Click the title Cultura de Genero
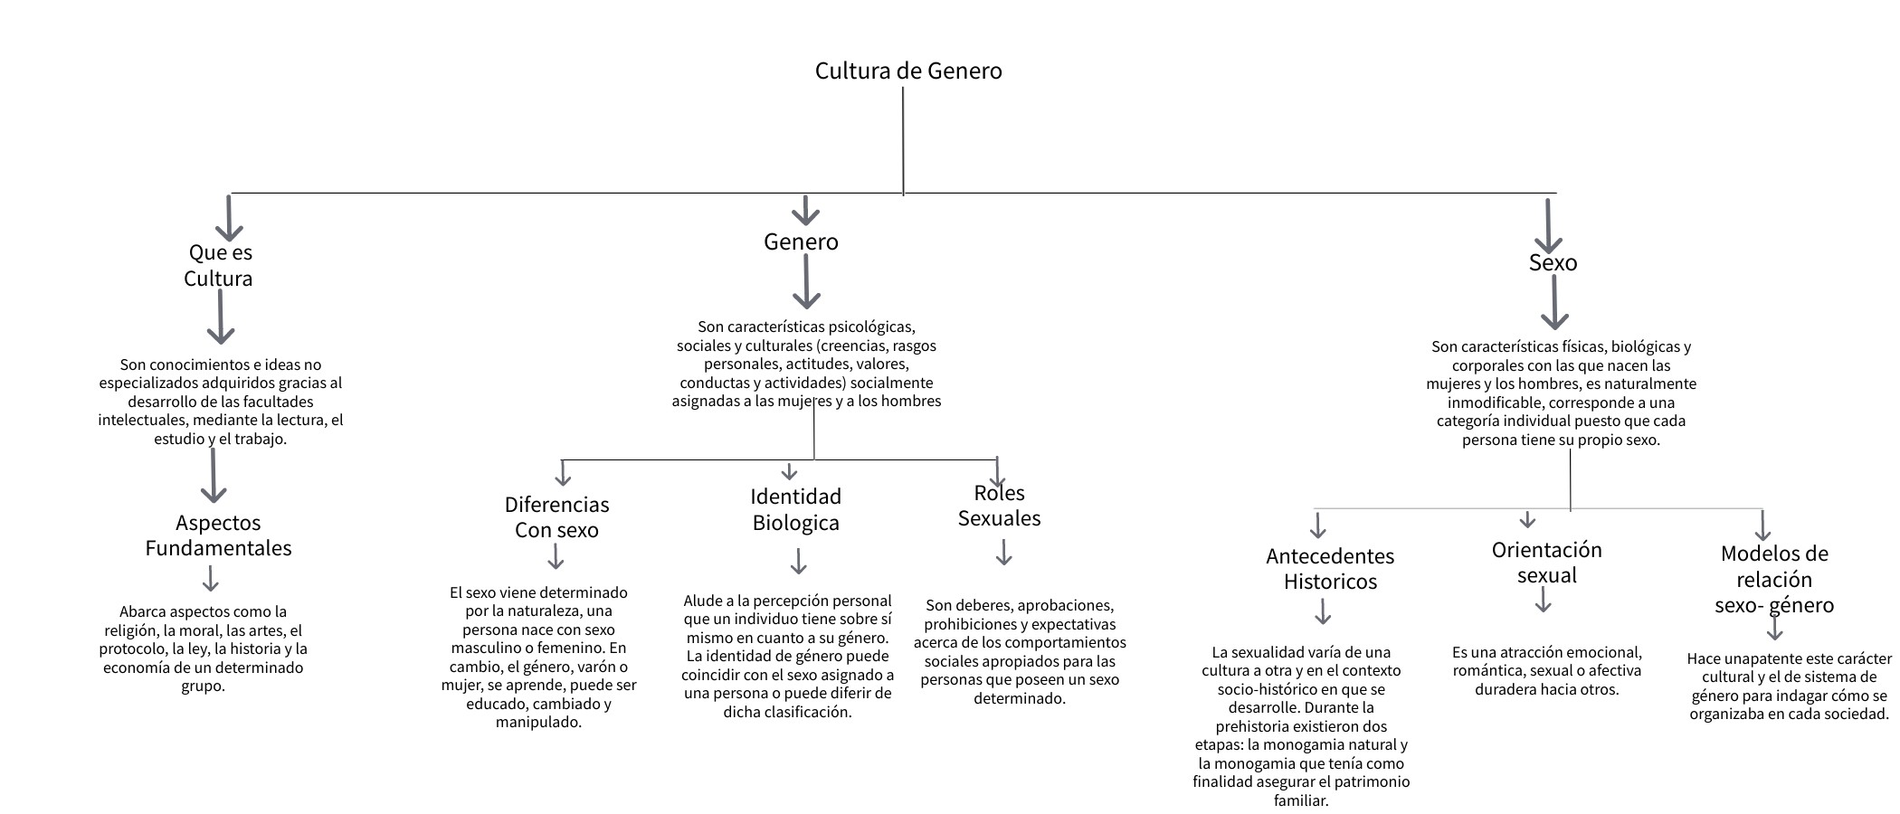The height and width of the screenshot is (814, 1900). pos(908,71)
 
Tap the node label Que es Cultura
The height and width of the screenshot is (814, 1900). pos(219,265)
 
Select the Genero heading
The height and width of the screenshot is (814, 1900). pos(801,241)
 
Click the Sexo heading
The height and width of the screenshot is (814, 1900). pos(1553,262)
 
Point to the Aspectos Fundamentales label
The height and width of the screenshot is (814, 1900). pos(219,535)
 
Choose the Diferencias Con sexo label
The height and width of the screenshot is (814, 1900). pos(556,516)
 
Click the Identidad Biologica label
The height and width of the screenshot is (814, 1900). pos(795,509)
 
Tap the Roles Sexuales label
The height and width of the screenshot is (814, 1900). pos(999,506)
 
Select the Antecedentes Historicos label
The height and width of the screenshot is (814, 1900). pos(1329,569)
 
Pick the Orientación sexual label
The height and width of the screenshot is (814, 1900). pos(1546,563)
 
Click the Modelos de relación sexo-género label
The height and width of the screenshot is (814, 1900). pos(1773,579)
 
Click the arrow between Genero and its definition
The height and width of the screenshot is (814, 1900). pos(805,282)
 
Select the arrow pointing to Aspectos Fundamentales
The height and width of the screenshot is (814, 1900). pos(214,475)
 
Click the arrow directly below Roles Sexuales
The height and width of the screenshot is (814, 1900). pos(1003,553)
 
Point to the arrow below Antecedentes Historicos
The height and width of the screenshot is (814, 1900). pos(1323,612)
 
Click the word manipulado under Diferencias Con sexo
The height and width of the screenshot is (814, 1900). pos(538,722)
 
